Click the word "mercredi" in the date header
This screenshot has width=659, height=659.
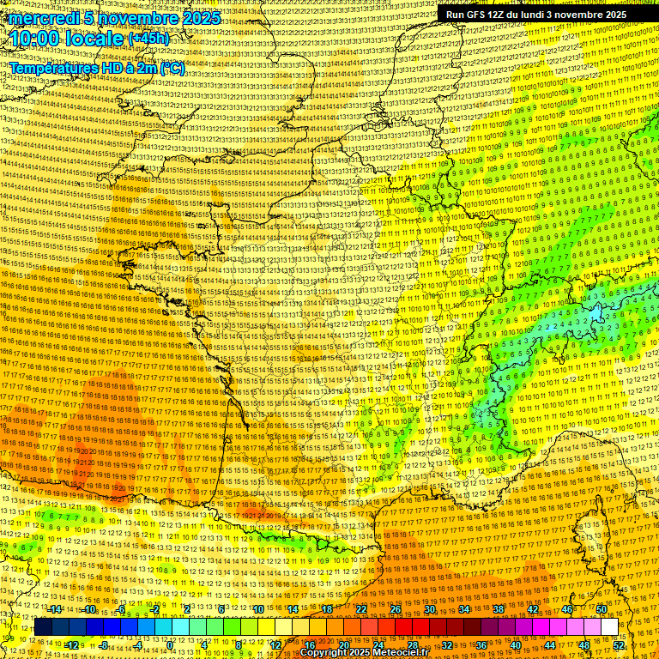pyautogui.click(x=43, y=18)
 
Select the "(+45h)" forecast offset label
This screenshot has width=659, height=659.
pyautogui.click(x=148, y=39)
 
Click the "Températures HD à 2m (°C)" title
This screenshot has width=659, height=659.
pyautogui.click(x=96, y=68)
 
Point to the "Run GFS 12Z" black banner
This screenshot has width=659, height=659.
pyautogui.click(x=535, y=14)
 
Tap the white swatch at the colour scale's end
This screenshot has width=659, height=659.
pyautogui.click(x=609, y=627)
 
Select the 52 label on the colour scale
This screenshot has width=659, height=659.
pyautogui.click(x=619, y=644)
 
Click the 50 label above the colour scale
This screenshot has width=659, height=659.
pyautogui.click(x=602, y=609)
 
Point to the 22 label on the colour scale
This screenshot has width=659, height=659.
pyautogui.click(x=361, y=609)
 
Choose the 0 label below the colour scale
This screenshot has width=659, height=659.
pyautogui.click(x=172, y=644)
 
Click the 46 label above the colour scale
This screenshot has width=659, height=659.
pyautogui.click(x=567, y=609)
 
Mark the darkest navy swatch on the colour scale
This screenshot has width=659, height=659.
pyautogui.click(x=43, y=627)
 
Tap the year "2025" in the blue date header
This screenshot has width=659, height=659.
pyautogui.click(x=198, y=18)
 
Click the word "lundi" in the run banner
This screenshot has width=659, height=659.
pyautogui.click(x=529, y=14)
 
